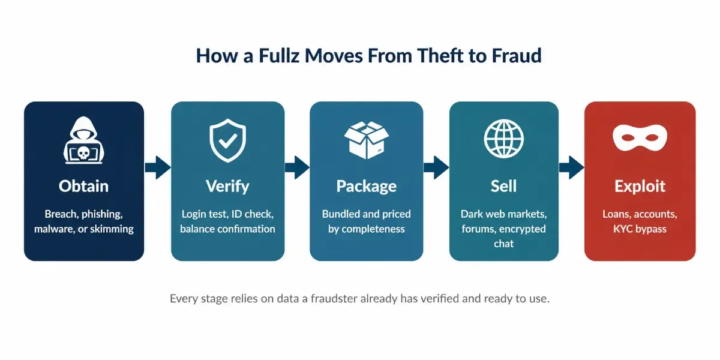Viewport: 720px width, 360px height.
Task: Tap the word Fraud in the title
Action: coord(517,56)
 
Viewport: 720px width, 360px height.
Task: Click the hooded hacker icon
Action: coord(83,140)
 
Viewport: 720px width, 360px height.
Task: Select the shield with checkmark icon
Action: coord(227,140)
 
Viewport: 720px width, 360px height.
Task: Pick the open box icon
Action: coord(367,140)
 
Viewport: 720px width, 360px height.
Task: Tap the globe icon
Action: coord(503,139)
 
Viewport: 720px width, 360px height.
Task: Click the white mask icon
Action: coord(640,137)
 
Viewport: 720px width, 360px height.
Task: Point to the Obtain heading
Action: coord(83,186)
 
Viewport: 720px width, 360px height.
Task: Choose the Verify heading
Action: coord(227,187)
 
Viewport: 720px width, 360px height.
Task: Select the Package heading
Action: coord(367,187)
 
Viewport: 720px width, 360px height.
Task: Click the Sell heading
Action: coord(503,186)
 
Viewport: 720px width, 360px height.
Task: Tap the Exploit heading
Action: coord(640,187)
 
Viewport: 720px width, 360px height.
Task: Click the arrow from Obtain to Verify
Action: coord(158,167)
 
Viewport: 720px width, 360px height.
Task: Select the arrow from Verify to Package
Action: coord(297,167)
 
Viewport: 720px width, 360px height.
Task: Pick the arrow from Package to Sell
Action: coord(436,167)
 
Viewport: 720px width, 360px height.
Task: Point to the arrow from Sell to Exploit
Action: coord(571,167)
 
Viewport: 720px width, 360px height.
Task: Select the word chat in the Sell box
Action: coord(503,244)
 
